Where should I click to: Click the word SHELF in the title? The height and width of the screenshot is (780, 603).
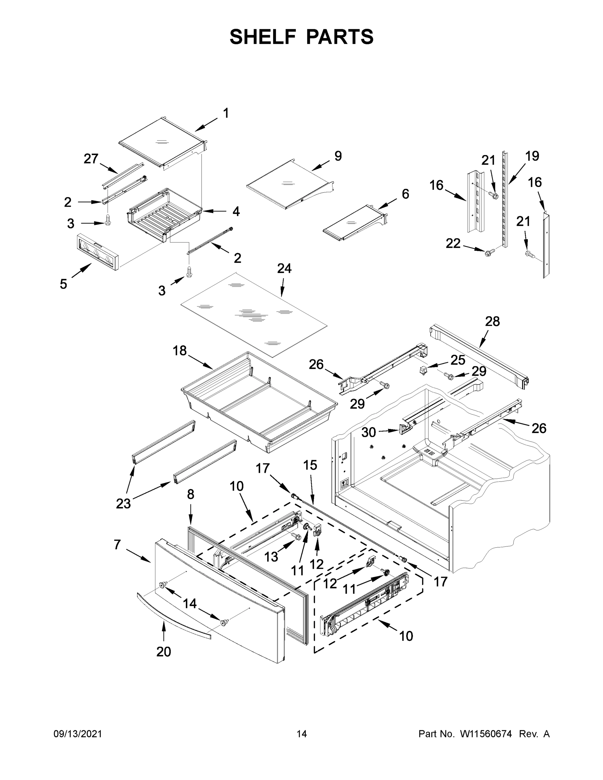(x=263, y=37)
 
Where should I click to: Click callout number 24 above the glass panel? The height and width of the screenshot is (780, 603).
(x=284, y=268)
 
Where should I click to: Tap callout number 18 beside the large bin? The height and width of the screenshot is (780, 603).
(x=180, y=351)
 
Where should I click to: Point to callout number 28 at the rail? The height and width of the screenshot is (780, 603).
(x=492, y=321)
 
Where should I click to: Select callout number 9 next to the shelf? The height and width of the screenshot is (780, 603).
(x=338, y=156)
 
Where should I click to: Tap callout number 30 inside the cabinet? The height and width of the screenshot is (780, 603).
(x=369, y=433)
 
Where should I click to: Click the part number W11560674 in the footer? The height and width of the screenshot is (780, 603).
(x=486, y=734)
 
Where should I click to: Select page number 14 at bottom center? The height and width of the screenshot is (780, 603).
(x=302, y=734)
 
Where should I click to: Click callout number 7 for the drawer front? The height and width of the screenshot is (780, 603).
(x=117, y=545)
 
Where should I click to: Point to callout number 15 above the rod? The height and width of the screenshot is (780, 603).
(x=310, y=465)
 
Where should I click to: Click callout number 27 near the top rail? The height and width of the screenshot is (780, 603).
(x=91, y=159)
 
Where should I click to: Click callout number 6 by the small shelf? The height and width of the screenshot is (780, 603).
(x=405, y=194)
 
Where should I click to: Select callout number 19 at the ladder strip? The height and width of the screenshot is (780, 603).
(x=532, y=156)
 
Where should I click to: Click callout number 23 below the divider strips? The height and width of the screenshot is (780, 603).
(x=123, y=503)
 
